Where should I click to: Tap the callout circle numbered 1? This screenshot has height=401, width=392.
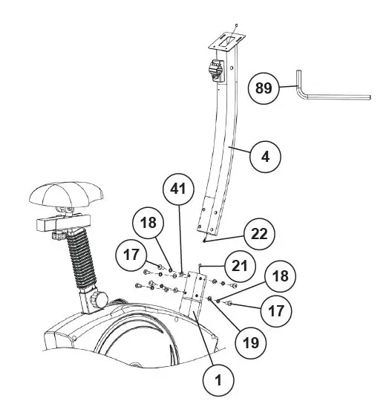point(218,379)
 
